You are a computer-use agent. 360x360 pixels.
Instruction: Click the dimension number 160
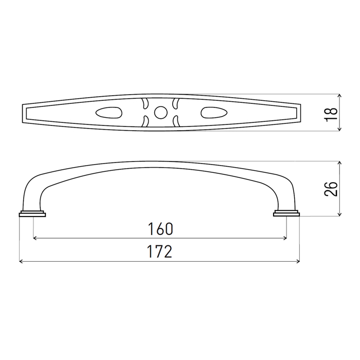pos(160,229)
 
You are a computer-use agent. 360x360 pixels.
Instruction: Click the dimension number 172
pos(159,251)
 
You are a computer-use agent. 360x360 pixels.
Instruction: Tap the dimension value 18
pos(331,113)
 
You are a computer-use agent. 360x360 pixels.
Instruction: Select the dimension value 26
pos(331,189)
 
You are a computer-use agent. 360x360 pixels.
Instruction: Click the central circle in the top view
pos(160,113)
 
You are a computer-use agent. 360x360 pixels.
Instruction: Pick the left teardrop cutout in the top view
pos(109,113)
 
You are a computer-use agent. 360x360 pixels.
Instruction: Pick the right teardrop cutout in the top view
pos(214,113)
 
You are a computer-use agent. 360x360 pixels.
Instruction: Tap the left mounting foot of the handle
pos(32,213)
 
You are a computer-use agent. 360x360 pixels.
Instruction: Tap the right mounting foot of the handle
pos(286,213)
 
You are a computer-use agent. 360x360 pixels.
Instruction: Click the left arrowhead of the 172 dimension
pos(21,261)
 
